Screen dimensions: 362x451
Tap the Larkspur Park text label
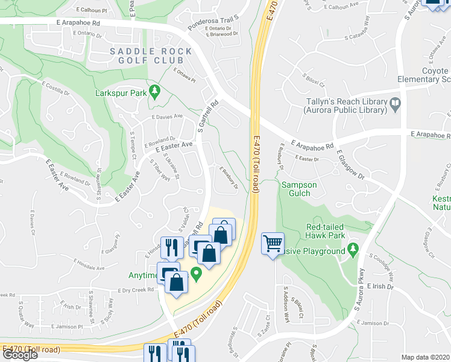pos(121,94)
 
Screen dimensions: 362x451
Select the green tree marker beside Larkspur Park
pos(155,92)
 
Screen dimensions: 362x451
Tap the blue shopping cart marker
pos(273,243)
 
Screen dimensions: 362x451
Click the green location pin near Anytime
pos(195,274)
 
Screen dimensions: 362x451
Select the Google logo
pos(20,355)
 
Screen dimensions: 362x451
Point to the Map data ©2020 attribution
pos(425,357)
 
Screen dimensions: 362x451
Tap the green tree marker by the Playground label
pos(354,250)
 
